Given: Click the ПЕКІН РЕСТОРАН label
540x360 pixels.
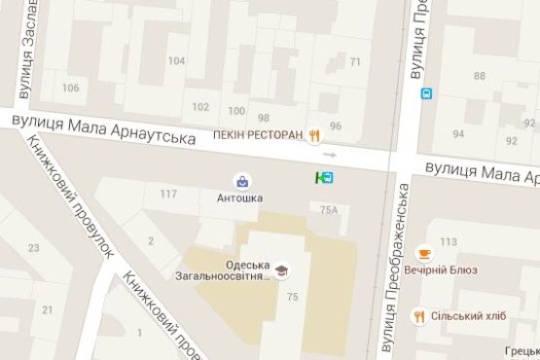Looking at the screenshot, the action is pyautogui.click(x=258, y=135).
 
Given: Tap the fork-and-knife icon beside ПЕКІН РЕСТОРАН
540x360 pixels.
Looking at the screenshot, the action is pyautogui.click(x=314, y=135).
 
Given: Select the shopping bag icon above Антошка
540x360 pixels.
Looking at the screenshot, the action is pyautogui.click(x=240, y=180).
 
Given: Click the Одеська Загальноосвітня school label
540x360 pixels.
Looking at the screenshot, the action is pyautogui.click(x=229, y=270).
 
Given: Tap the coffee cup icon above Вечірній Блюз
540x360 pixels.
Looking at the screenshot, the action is pyautogui.click(x=423, y=253).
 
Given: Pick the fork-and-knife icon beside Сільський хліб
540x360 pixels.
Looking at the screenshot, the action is pyautogui.click(x=419, y=315).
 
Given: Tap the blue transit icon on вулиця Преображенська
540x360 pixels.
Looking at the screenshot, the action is pyautogui.click(x=426, y=93).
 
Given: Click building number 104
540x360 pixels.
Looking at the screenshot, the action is pyautogui.click(x=176, y=60).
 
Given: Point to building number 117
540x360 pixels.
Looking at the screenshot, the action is pyautogui.click(x=168, y=194).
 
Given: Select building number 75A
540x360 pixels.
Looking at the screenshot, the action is pyautogui.click(x=329, y=209).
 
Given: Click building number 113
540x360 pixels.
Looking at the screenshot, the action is pyautogui.click(x=449, y=241).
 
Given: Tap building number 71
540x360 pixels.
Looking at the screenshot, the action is pyautogui.click(x=355, y=62).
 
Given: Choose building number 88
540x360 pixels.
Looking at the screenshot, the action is pyautogui.click(x=480, y=75).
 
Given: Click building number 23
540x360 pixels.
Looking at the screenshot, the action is pyautogui.click(x=34, y=248).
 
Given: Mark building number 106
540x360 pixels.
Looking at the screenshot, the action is pyautogui.click(x=71, y=88).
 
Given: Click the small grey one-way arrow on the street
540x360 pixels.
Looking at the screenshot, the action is pyautogui.click(x=331, y=154).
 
